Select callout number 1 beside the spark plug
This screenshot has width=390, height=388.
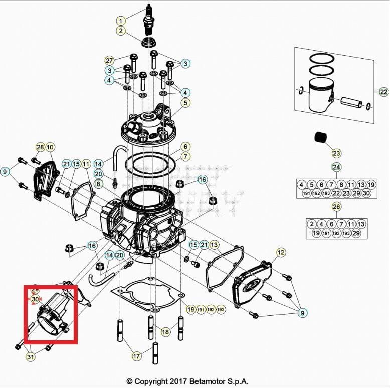click(120, 21)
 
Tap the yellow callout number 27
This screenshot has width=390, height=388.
click(109, 60)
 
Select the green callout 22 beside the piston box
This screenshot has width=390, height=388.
click(383, 92)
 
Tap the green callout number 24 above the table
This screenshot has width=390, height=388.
click(336, 167)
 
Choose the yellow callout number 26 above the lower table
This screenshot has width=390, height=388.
click(336, 207)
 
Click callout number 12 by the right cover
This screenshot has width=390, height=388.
click(281, 252)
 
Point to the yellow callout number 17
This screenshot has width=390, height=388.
click(136, 356)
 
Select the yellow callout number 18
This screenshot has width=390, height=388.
click(165, 332)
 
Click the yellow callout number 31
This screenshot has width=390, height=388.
click(31, 357)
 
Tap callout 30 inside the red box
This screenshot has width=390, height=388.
click(35, 299)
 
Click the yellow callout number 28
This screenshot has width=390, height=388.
click(40, 147)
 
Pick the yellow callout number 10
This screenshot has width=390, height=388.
click(50, 147)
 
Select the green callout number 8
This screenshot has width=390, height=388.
click(98, 184)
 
